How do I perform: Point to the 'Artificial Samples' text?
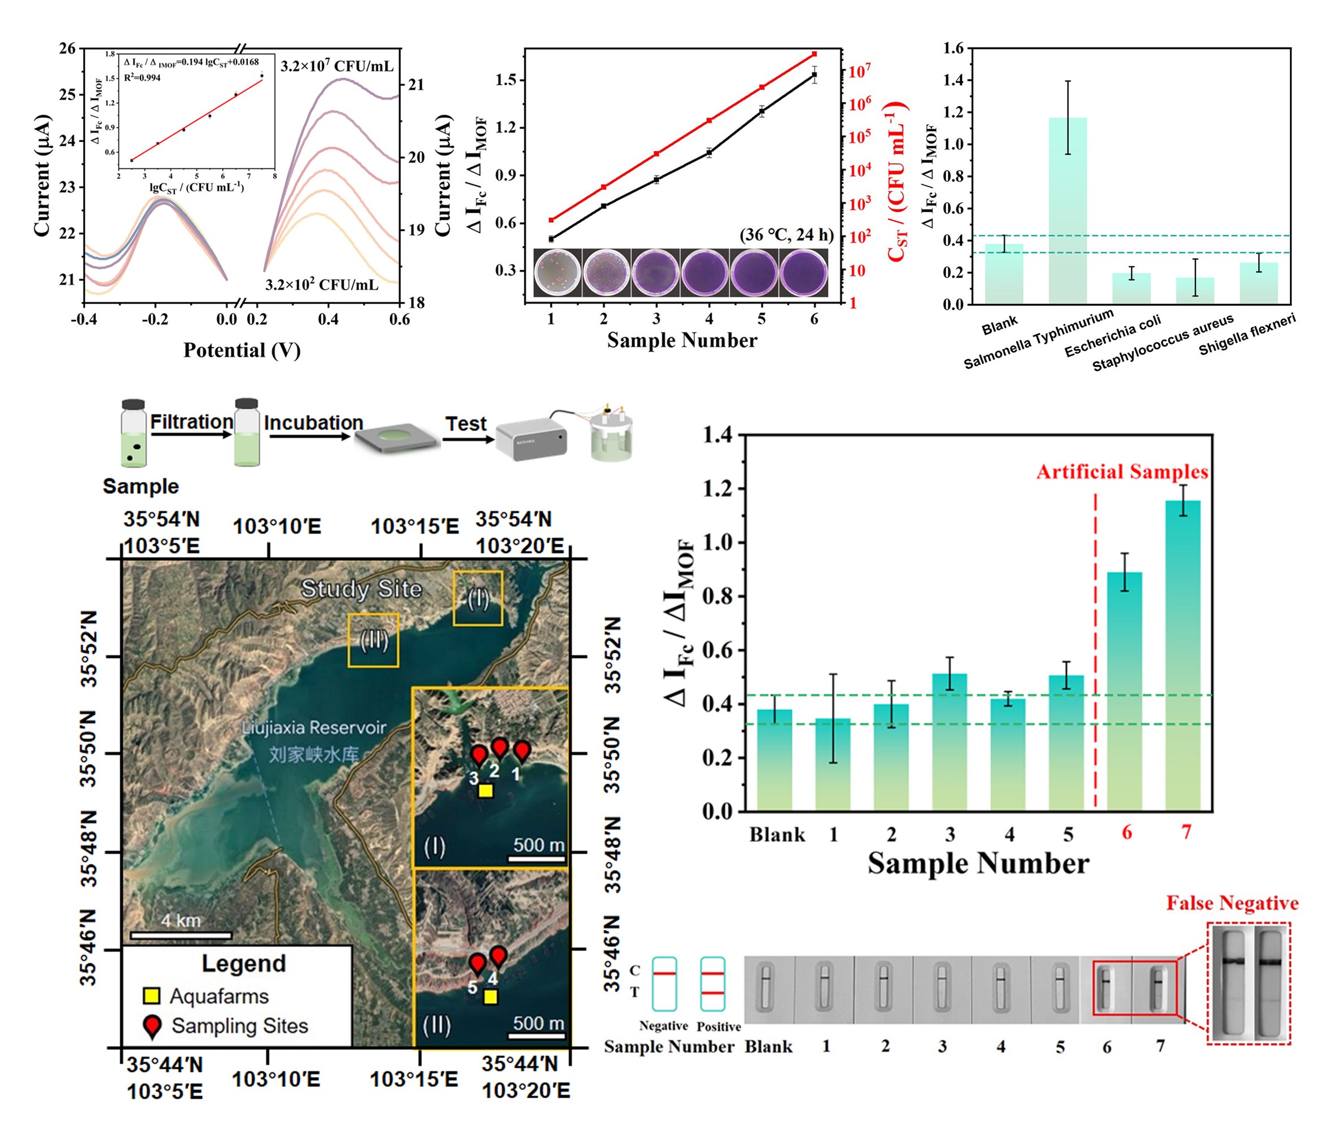pos(1122,472)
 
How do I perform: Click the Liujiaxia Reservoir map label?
pos(313,728)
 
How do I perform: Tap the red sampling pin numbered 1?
pos(522,751)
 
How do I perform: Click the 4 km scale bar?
pos(181,934)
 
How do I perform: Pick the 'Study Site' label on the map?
pos(361,588)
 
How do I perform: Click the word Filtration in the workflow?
pos(192,422)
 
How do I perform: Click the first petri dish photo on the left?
pos(558,272)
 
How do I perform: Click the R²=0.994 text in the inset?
pos(142,78)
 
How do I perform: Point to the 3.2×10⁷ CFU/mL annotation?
pos(336,66)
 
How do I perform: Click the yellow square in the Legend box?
pos(151,995)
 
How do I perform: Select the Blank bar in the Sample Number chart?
pos(774,759)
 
